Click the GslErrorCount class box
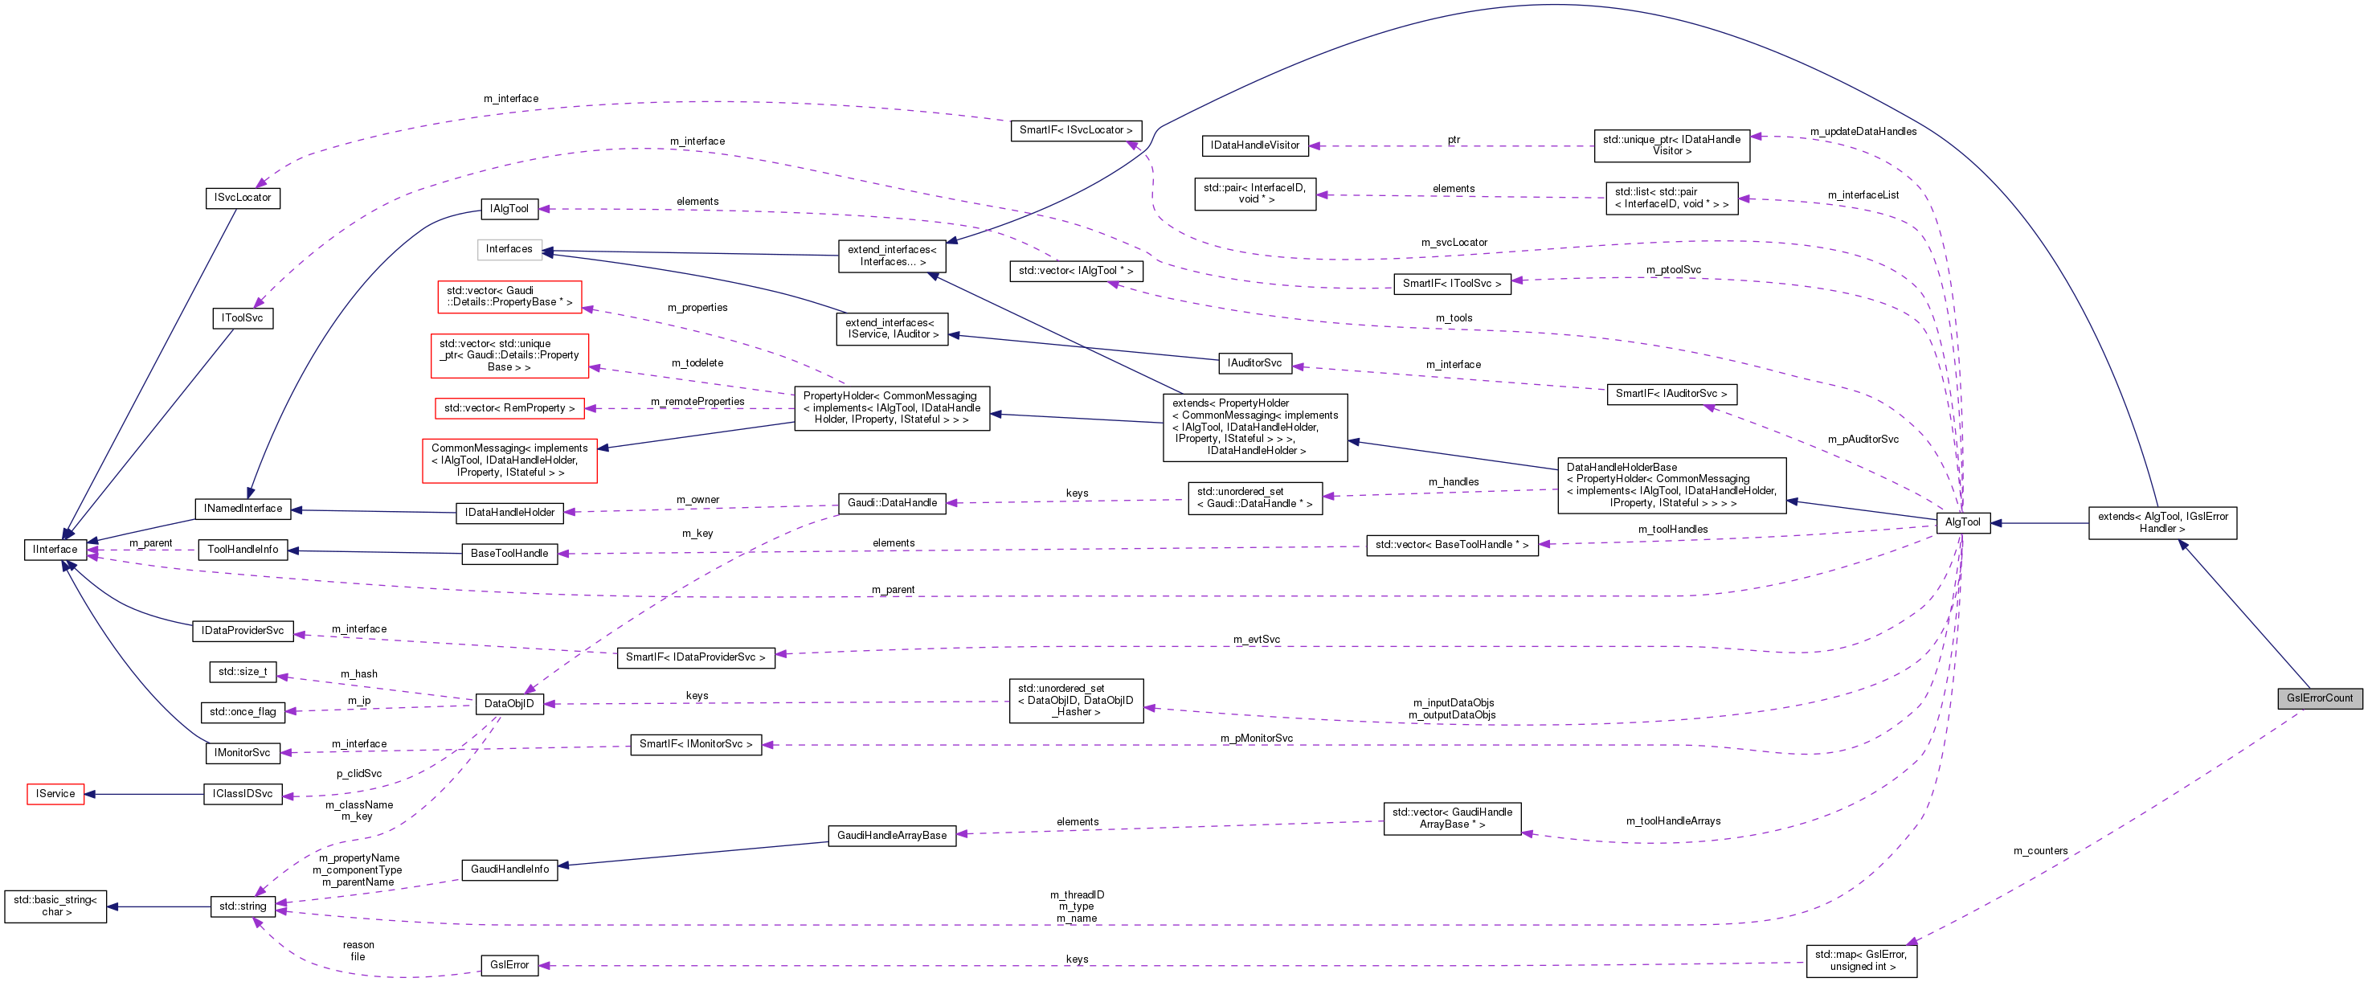point(2319,698)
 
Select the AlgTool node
point(1962,522)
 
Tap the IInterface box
point(55,550)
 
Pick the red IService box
point(55,793)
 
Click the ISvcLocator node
point(243,198)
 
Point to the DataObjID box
point(509,703)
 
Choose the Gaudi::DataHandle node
point(892,503)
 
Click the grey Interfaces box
point(509,249)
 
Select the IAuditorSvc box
point(1255,363)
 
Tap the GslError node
point(509,964)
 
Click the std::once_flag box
point(243,712)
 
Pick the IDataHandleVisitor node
point(1255,145)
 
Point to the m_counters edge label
point(2040,850)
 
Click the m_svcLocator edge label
point(1454,243)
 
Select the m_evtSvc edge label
point(1257,639)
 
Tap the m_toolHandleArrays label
point(1673,821)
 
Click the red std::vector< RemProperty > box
point(509,407)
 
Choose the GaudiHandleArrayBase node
point(892,836)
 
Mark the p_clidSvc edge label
point(358,773)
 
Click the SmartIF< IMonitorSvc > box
point(696,744)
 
